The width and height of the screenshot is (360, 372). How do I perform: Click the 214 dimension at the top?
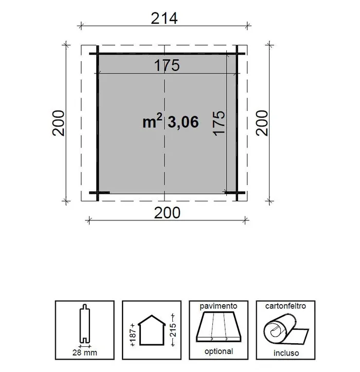(164, 18)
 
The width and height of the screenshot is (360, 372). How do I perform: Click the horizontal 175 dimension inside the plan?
(166, 66)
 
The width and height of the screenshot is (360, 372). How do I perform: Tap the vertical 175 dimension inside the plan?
(219, 123)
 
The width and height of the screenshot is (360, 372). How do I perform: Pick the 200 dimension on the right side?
(263, 122)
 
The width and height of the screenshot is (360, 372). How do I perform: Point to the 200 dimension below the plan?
(167, 212)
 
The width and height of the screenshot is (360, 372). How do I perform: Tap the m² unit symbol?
(152, 121)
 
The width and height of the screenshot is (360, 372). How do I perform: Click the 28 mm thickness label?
(84, 352)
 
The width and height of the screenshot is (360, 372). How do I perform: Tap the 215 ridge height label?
(174, 329)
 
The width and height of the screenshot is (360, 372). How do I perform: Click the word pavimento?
(219, 306)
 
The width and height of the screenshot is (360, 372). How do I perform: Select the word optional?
(219, 352)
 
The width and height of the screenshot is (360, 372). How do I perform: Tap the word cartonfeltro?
(285, 306)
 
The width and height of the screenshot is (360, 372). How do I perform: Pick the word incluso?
(285, 354)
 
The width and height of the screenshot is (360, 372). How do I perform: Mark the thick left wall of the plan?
(96, 122)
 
